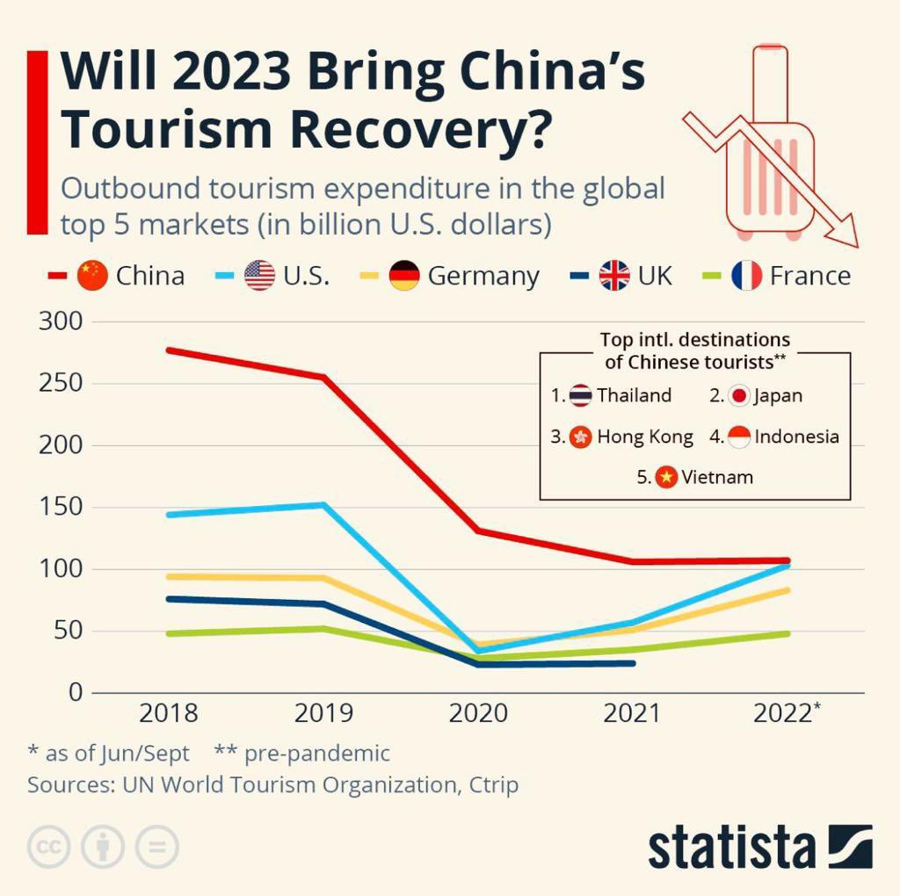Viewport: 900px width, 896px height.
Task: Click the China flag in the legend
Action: click(92, 276)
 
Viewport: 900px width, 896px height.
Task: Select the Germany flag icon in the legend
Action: click(404, 276)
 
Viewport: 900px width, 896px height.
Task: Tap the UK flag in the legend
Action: click(614, 276)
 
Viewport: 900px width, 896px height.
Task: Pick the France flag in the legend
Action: click(746, 276)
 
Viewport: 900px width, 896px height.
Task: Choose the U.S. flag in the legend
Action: click(259, 276)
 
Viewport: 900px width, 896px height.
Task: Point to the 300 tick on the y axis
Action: click(61, 322)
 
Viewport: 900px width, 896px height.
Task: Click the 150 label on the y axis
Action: click(61, 508)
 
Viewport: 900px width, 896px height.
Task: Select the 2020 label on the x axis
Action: click(478, 713)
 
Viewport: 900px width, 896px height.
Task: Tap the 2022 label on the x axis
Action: click(782, 713)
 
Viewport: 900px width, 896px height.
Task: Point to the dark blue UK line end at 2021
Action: click(632, 663)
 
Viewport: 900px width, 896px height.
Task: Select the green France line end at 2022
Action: click(787, 633)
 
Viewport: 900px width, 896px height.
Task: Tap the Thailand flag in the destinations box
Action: click(580, 395)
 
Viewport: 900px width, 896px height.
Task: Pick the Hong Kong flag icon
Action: click(580, 437)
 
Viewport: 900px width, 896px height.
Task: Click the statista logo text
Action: click(731, 848)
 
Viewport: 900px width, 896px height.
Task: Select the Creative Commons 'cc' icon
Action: click(49, 848)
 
